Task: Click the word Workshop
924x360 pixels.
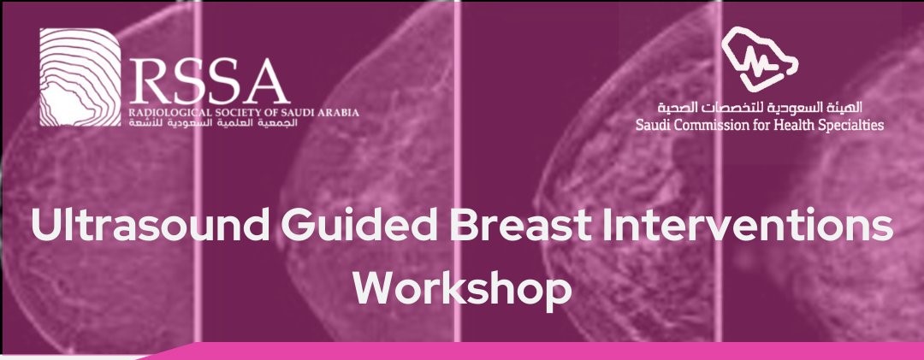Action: (462, 288)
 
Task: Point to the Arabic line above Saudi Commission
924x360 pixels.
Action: (760, 108)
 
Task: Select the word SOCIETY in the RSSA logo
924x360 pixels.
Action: (227, 112)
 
